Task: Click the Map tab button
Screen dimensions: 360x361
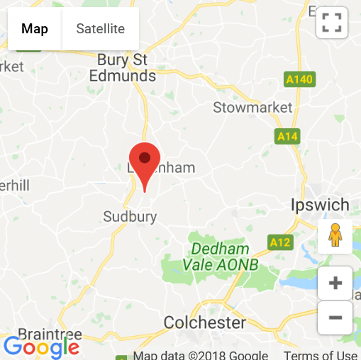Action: tap(35, 29)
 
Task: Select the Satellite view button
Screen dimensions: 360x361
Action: tap(101, 29)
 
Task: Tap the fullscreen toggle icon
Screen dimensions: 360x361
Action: tap(331, 22)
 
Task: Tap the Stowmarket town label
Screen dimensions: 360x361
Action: tap(252, 108)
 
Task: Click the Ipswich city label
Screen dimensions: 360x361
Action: tap(320, 206)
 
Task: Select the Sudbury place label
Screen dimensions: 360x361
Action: tap(130, 217)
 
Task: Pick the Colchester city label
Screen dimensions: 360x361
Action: tap(205, 323)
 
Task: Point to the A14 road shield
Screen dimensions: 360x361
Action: tap(287, 136)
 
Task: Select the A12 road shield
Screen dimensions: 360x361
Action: tap(281, 242)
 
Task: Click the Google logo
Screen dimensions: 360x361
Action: tap(41, 347)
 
